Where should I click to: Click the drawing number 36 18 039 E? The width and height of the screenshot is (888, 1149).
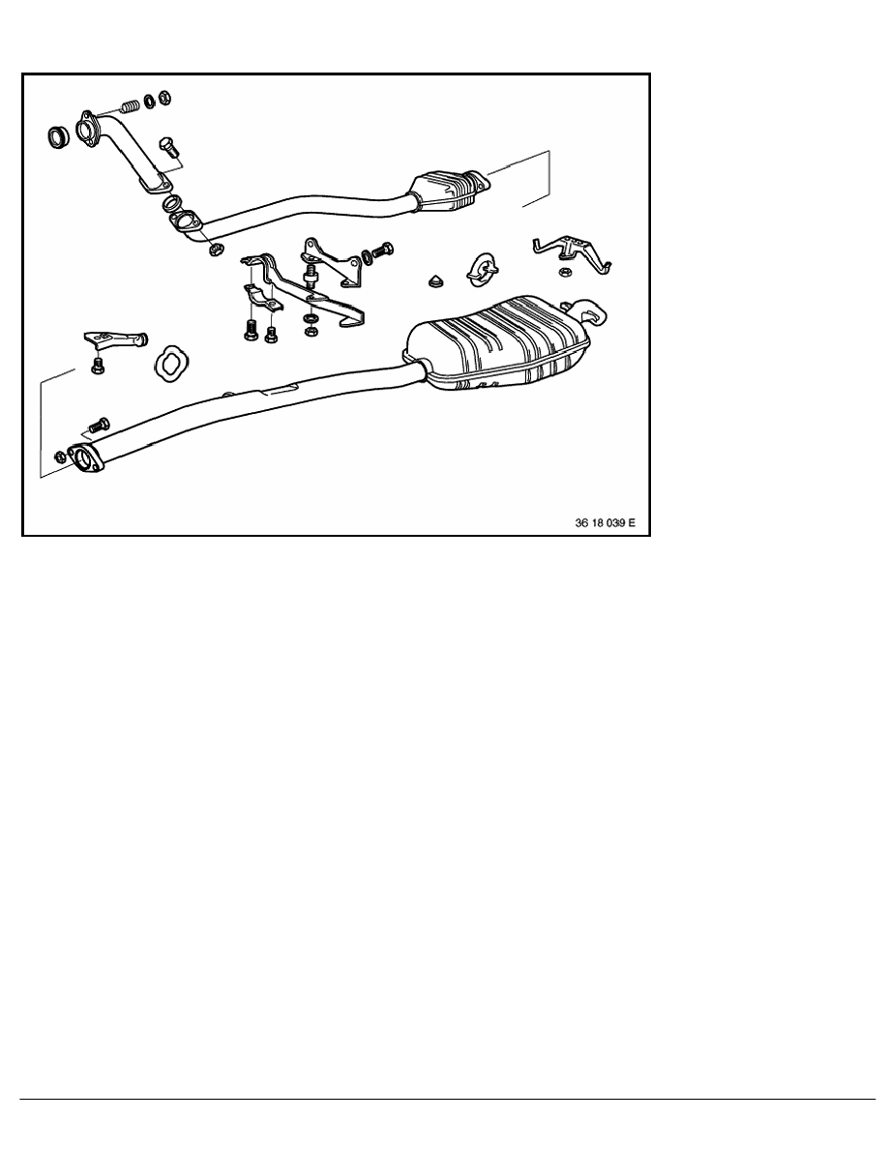[606, 522]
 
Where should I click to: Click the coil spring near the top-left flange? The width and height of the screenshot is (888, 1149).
[131, 105]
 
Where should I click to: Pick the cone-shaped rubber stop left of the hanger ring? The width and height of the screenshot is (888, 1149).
[435, 280]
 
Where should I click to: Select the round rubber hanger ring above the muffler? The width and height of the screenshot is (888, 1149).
[481, 270]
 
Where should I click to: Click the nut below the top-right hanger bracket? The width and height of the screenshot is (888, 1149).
[564, 273]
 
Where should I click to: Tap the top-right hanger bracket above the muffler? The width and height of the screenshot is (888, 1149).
[572, 253]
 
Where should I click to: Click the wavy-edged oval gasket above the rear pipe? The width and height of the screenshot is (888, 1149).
[170, 361]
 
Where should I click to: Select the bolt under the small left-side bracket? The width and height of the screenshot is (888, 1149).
[97, 365]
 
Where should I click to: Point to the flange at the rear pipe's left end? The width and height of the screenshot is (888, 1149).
[86, 458]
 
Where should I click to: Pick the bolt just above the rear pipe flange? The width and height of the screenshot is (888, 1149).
[98, 424]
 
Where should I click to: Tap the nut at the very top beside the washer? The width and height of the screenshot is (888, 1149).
[164, 97]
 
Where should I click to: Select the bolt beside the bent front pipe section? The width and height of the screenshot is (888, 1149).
[168, 147]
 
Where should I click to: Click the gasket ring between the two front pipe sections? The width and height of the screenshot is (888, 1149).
[172, 202]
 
